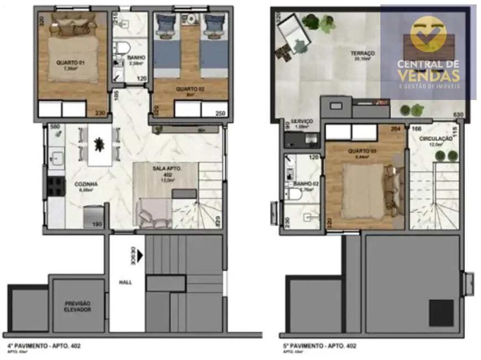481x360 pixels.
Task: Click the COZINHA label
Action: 87,184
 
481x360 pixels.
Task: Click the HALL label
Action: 126,283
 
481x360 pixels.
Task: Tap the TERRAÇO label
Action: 363,53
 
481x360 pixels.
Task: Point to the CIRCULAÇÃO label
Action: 435,138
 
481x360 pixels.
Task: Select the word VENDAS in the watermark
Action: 428,75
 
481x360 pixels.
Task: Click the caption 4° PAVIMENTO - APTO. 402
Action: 44,346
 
